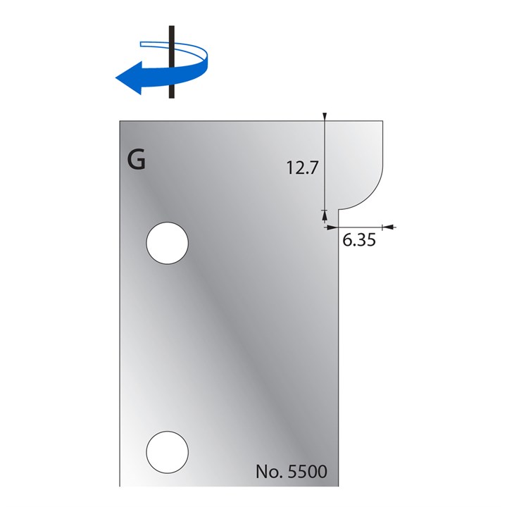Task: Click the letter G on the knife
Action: [137, 161]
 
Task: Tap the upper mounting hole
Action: [167, 244]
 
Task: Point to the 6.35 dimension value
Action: [358, 240]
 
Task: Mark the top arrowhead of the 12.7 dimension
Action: [325, 116]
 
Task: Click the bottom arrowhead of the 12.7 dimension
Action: [325, 213]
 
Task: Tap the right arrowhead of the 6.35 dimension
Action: [387, 227]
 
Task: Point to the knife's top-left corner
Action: [120, 120]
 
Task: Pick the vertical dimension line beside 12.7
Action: [325, 165]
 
